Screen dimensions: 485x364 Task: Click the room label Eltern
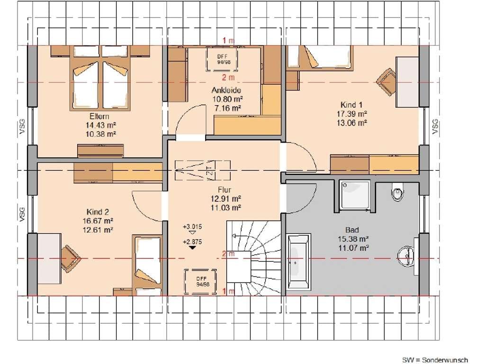[x=99, y=117]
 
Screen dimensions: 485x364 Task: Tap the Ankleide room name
[x=226, y=90]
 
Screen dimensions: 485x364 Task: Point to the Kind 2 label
[x=98, y=212]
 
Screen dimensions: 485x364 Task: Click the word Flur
[x=225, y=190]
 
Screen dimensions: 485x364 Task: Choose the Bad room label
[x=352, y=230]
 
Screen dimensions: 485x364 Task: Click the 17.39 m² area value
[x=352, y=114]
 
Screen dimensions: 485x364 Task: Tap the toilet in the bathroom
[x=397, y=191]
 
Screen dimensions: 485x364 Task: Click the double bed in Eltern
[x=100, y=78]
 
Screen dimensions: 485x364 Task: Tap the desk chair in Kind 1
[x=386, y=82]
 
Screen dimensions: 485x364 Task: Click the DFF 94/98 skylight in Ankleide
[x=222, y=59]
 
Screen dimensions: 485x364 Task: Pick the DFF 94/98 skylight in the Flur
[x=201, y=282]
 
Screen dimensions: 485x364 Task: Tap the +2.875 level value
[x=192, y=242]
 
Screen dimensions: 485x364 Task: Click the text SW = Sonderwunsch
[x=435, y=360]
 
